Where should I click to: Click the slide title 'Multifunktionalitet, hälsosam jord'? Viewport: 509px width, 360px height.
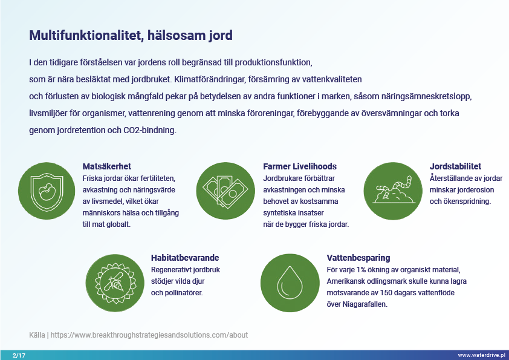(x=131, y=36)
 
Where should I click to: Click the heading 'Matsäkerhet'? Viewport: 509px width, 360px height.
(x=107, y=166)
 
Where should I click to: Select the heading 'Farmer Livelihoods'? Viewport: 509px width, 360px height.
(x=300, y=166)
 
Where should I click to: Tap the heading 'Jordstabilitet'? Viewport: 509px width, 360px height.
(x=455, y=166)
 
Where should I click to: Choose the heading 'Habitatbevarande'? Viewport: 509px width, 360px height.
(x=185, y=257)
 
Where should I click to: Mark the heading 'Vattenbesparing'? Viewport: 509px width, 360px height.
(x=358, y=257)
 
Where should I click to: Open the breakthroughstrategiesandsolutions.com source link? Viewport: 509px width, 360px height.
(x=149, y=335)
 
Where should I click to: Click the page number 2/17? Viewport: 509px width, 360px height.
(x=19, y=355)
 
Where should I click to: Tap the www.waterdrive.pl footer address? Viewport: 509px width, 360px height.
(x=482, y=355)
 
